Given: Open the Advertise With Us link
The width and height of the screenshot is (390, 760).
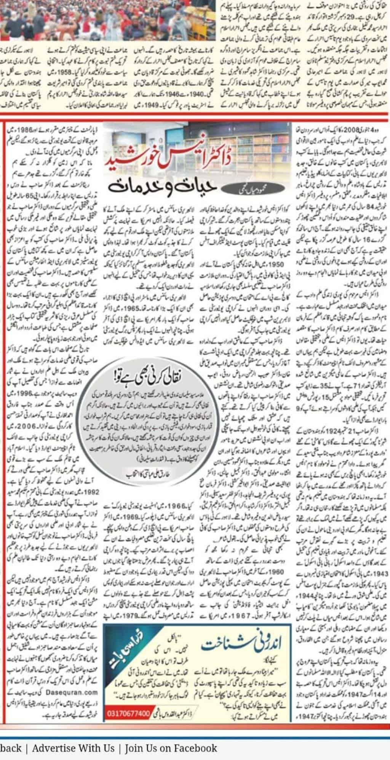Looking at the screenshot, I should pos(73,749).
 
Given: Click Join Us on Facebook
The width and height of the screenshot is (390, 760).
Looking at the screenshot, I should pos(171,749).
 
